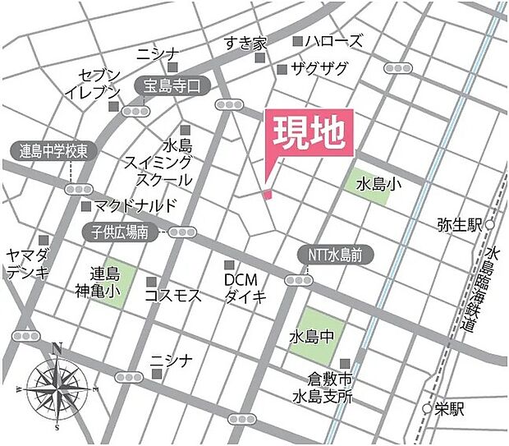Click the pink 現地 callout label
[x=308, y=134]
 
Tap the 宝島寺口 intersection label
[x=172, y=85]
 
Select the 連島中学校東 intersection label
[x=59, y=151]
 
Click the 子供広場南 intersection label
[x=120, y=232]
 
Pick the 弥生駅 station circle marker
[x=490, y=224]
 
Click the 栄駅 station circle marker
[x=427, y=408]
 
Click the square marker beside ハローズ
[x=297, y=40]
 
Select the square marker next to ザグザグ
[x=282, y=69]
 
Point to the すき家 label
[x=246, y=42]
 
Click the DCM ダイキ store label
[x=245, y=287]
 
